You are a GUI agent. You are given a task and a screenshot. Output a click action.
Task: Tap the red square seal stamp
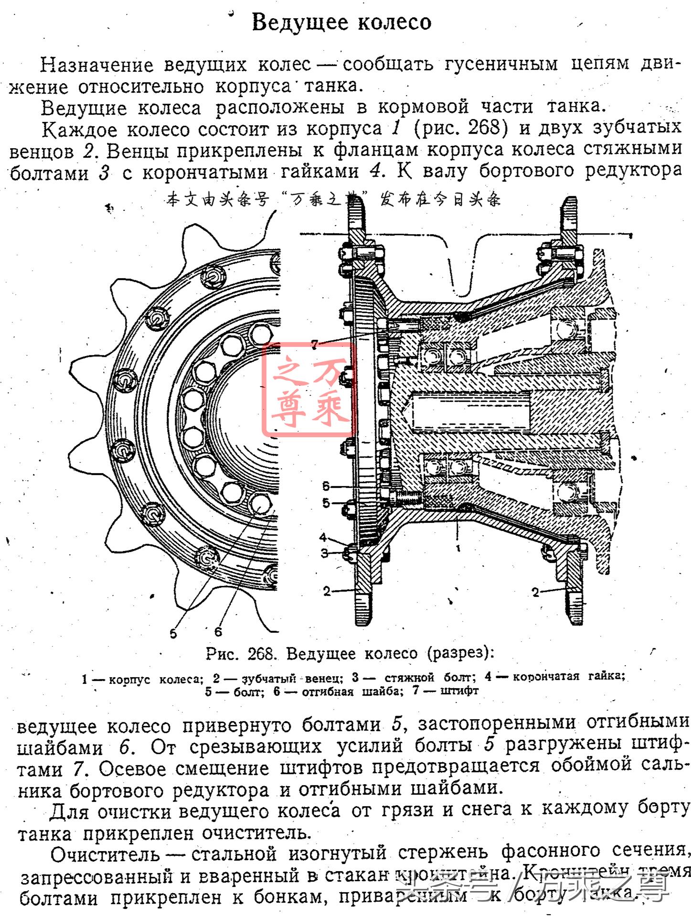click(x=309, y=389)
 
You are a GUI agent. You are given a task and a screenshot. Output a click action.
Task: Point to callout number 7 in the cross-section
click(x=314, y=344)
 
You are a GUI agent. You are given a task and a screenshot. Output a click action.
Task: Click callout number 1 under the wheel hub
click(x=457, y=548)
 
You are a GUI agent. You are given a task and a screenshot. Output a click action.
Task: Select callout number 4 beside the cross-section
click(x=323, y=537)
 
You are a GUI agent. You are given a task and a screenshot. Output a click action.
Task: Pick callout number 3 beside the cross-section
click(x=324, y=553)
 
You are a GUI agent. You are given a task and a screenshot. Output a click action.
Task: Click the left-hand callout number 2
click(x=326, y=591)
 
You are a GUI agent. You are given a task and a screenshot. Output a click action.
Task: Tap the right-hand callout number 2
click(x=535, y=593)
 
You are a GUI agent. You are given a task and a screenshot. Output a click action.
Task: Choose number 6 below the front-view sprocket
click(x=218, y=632)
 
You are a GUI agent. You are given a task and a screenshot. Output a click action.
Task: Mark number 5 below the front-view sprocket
click(x=173, y=634)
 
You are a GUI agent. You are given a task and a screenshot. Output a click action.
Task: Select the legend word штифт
click(x=459, y=690)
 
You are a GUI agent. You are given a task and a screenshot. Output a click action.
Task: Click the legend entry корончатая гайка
click(x=569, y=676)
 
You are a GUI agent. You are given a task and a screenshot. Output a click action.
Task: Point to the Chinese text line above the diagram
click(x=333, y=199)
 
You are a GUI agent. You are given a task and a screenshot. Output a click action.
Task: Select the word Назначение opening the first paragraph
click(x=96, y=65)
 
